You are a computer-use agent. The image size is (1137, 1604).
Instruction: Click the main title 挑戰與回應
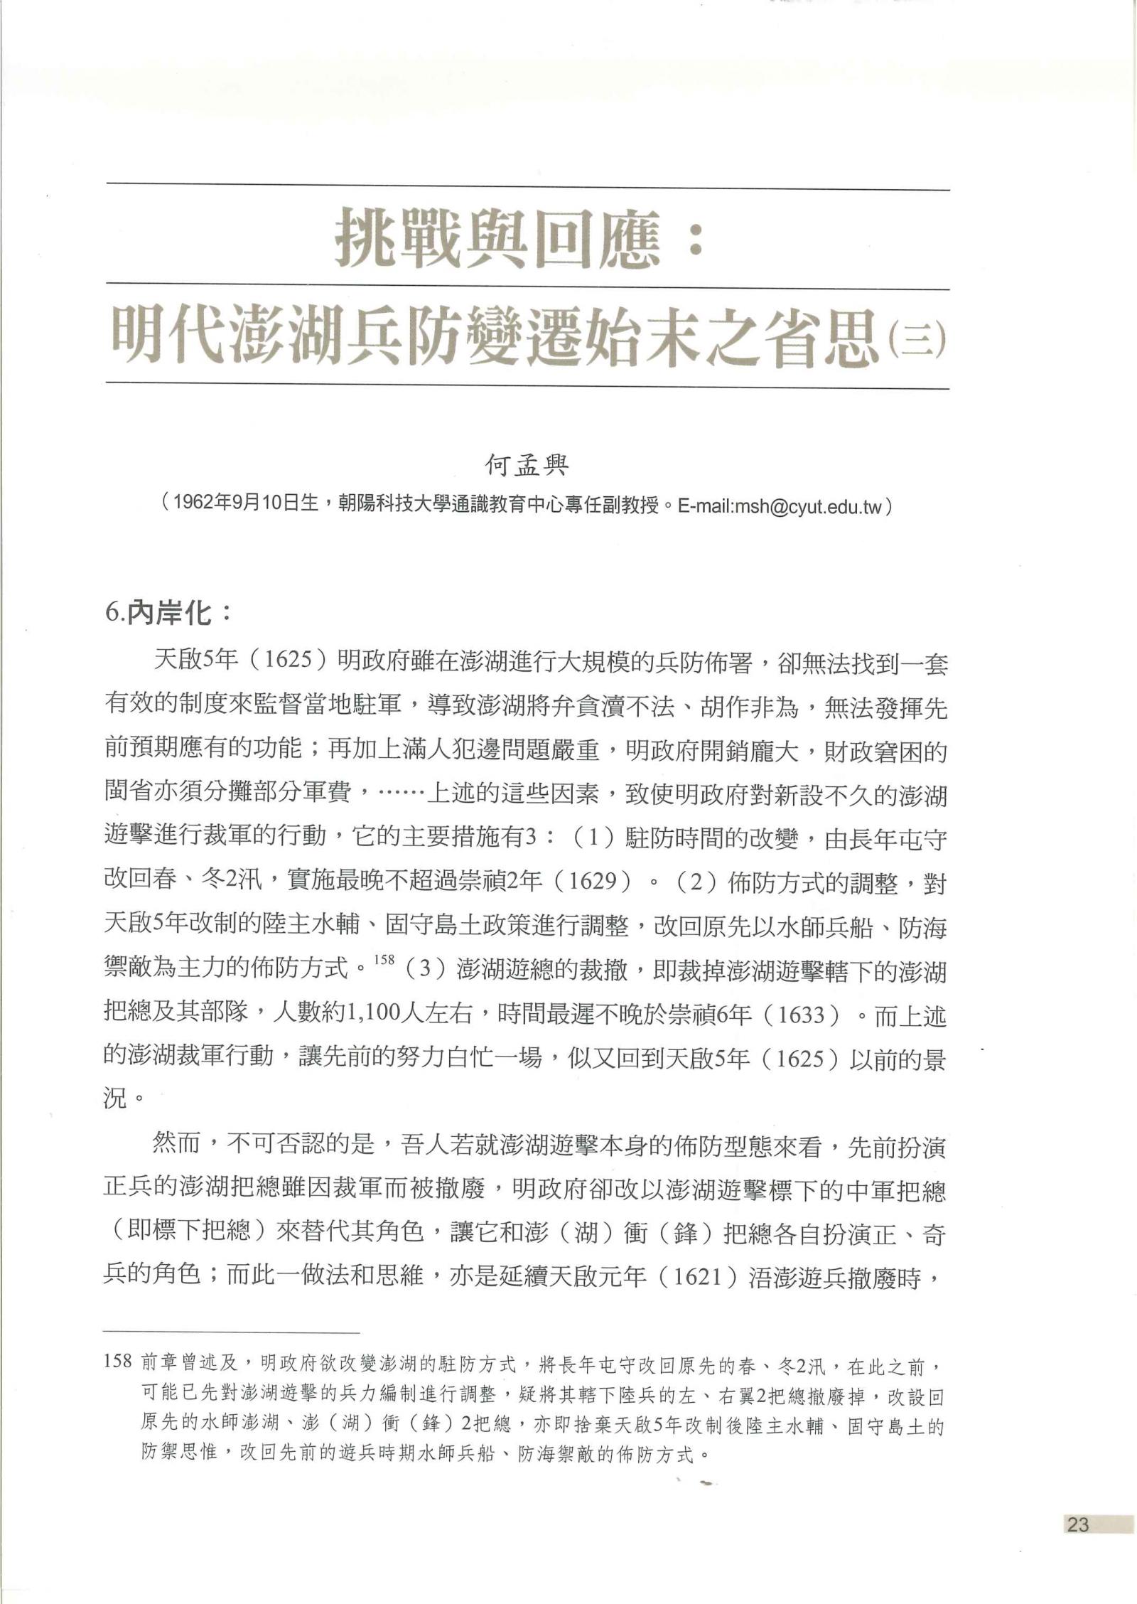click(497, 240)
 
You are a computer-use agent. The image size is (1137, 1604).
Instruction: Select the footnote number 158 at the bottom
click(117, 1361)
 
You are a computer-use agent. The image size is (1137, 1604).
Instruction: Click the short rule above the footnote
click(232, 1332)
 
